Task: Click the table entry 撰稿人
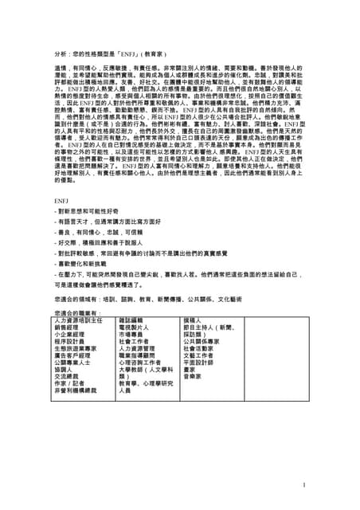point(192,320)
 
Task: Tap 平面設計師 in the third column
point(199,362)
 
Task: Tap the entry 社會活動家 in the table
point(199,348)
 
